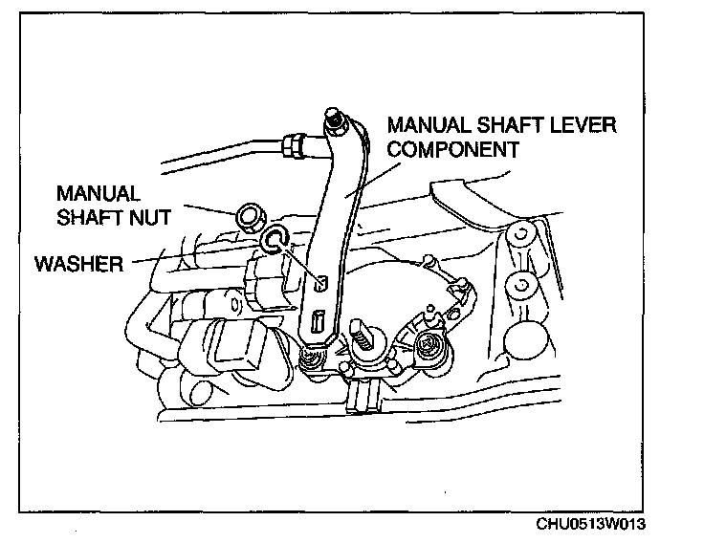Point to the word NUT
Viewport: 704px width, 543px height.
[152, 218]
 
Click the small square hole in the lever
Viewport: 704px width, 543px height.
[322, 284]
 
